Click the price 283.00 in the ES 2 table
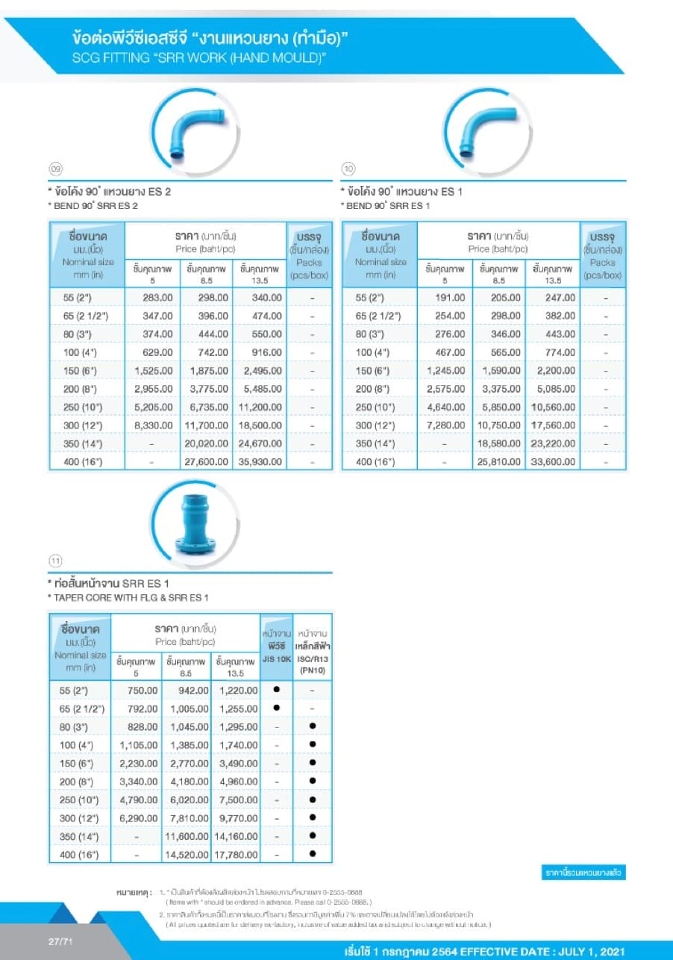click(x=157, y=297)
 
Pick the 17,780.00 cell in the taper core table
click(x=237, y=855)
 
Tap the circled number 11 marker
click(x=55, y=561)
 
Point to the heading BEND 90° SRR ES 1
click(x=387, y=205)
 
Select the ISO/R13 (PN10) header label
click(x=313, y=664)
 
